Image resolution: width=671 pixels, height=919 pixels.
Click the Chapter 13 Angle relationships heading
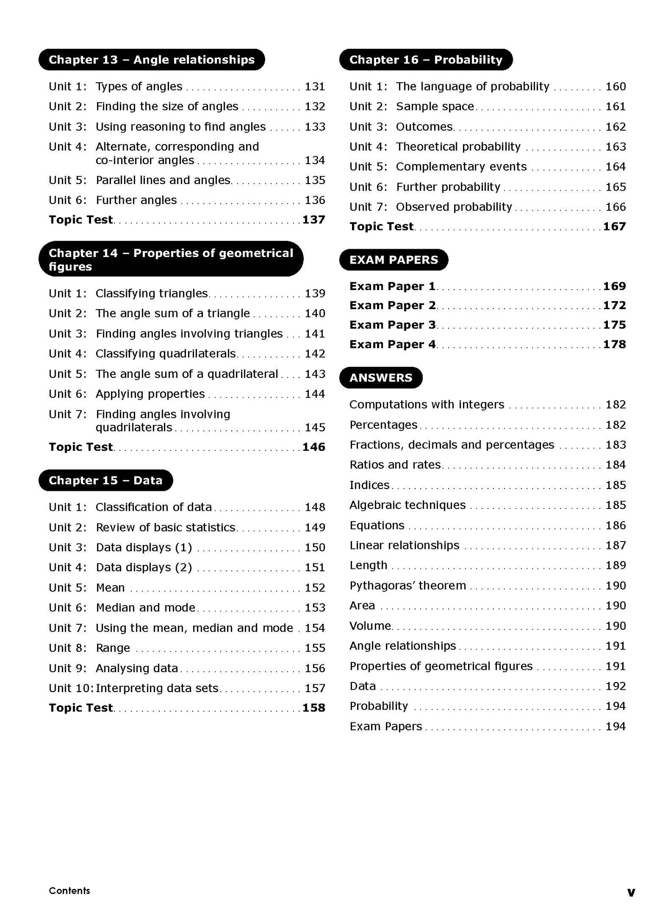point(151,60)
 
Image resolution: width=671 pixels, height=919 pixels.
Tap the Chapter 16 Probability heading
point(425,60)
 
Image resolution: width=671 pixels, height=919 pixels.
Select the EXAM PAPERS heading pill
point(393,260)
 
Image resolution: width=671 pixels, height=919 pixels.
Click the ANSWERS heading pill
point(380,378)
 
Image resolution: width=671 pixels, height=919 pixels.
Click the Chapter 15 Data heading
point(105,481)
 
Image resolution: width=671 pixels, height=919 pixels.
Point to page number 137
point(313,220)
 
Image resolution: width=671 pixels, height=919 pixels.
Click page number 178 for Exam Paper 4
point(614,344)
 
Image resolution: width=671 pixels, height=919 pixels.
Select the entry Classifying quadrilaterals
point(166,354)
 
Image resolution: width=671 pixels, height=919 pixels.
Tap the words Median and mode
point(145,608)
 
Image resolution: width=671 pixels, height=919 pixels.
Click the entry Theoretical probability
point(458,147)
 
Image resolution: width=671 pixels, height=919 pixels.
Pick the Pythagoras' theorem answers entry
point(407,586)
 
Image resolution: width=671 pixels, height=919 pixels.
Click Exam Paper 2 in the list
point(392,305)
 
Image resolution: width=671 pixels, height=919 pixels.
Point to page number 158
point(313,708)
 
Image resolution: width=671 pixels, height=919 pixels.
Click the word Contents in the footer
point(69,891)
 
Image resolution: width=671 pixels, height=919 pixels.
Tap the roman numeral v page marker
point(631,892)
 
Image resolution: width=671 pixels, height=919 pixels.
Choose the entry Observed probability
point(454,207)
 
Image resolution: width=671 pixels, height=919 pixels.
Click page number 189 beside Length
point(615,566)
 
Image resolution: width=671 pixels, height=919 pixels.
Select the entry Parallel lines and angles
point(163,180)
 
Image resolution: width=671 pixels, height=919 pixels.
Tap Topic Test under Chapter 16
point(381,227)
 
